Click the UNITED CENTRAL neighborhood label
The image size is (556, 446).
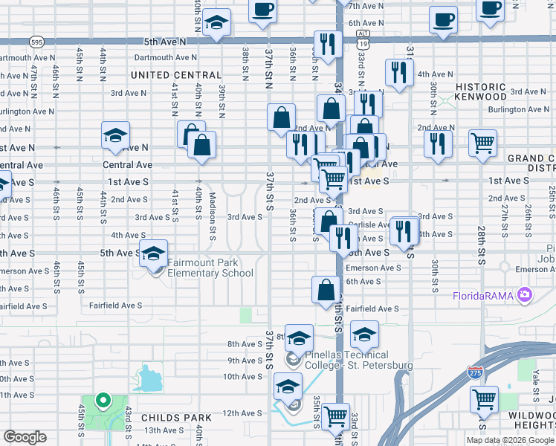pos(176,75)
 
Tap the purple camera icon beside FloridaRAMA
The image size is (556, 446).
pos(525,295)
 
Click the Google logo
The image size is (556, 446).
pos(25,437)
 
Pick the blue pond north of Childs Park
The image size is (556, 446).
pos(151,378)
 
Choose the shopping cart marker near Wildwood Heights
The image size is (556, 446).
pos(484,400)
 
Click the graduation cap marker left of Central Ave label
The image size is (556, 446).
pos(115,136)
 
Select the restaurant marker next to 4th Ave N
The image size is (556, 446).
pos(399,72)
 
